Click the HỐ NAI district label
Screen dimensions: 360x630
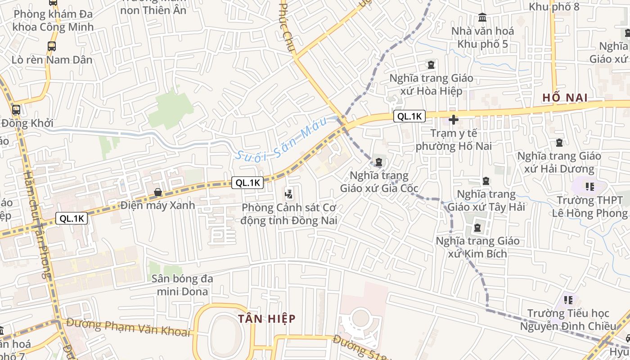click(565, 98)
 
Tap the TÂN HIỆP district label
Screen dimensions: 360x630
click(267, 319)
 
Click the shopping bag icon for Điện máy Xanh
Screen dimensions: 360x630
click(158, 193)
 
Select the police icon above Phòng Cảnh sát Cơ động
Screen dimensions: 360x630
click(289, 195)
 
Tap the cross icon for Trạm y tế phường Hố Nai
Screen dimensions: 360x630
click(453, 120)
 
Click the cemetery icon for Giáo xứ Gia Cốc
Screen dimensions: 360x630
click(379, 162)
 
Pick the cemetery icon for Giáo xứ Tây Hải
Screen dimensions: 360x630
click(486, 181)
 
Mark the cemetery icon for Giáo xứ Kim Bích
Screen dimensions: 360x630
click(477, 228)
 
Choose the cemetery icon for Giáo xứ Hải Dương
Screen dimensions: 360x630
click(559, 143)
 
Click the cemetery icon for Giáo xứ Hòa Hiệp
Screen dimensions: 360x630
click(431, 65)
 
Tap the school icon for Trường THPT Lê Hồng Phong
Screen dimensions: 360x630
click(589, 186)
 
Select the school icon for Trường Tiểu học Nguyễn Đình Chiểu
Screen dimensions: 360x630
click(568, 300)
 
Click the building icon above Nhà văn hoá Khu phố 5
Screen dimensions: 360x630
click(482, 18)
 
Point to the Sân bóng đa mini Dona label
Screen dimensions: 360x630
click(182, 285)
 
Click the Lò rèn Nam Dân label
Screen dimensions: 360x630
click(52, 60)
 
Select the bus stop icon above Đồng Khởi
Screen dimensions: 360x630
click(16, 109)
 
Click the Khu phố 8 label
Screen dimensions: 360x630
click(553, 7)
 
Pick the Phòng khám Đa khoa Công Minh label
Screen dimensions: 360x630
click(53, 20)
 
